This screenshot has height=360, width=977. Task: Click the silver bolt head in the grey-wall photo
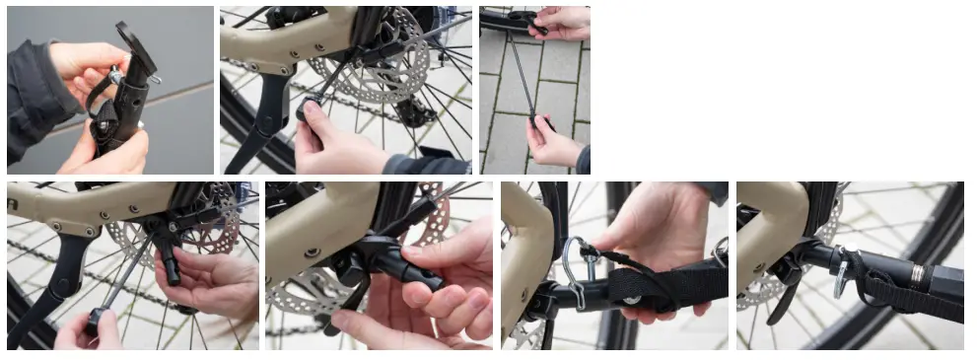pyautogui.click(x=115, y=76)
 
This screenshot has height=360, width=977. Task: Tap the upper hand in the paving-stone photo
pyautogui.click(x=563, y=22)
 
